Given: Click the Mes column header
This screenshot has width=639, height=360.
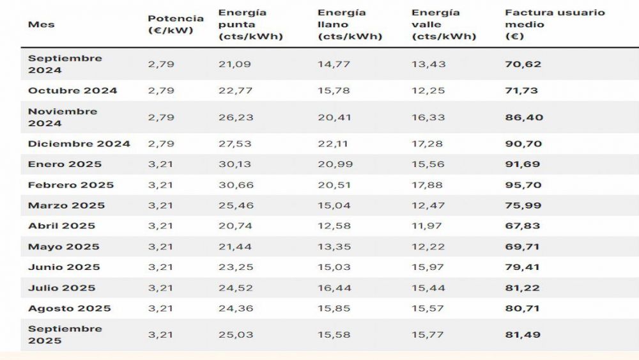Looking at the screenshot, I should point(42,24).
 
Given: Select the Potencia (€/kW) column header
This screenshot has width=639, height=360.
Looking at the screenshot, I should point(176,24).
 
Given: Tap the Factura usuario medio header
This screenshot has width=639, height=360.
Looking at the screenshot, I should point(555,24).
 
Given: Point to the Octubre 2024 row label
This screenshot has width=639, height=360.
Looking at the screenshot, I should point(72,90).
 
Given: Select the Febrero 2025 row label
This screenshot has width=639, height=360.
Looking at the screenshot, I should point(70,185).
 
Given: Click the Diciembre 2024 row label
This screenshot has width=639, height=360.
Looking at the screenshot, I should point(79,143).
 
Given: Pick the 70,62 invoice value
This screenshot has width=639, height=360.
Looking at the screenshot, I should point(518,64).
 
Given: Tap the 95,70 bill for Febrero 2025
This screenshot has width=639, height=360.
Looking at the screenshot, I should point(519,185).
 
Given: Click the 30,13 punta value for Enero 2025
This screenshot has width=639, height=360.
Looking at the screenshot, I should point(235,164).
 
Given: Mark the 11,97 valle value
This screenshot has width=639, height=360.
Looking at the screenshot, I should point(429,226).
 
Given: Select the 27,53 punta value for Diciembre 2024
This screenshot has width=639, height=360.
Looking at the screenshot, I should point(235,143).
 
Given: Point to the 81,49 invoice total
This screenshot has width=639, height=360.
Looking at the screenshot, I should point(518,334).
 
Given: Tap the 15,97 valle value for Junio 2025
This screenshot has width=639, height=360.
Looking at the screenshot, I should point(429,267).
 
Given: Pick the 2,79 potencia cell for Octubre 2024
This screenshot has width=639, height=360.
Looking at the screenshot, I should point(161,90).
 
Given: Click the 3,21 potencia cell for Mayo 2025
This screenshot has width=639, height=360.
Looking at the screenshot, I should point(161,246).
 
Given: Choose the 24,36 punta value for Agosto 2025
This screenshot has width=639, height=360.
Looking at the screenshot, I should point(235,308).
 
